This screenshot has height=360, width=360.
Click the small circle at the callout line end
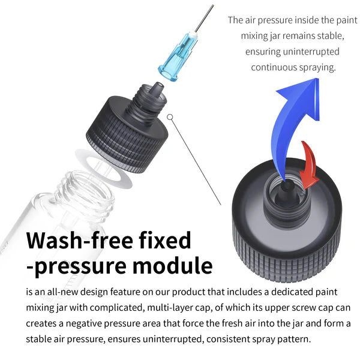(x=170, y=117)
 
